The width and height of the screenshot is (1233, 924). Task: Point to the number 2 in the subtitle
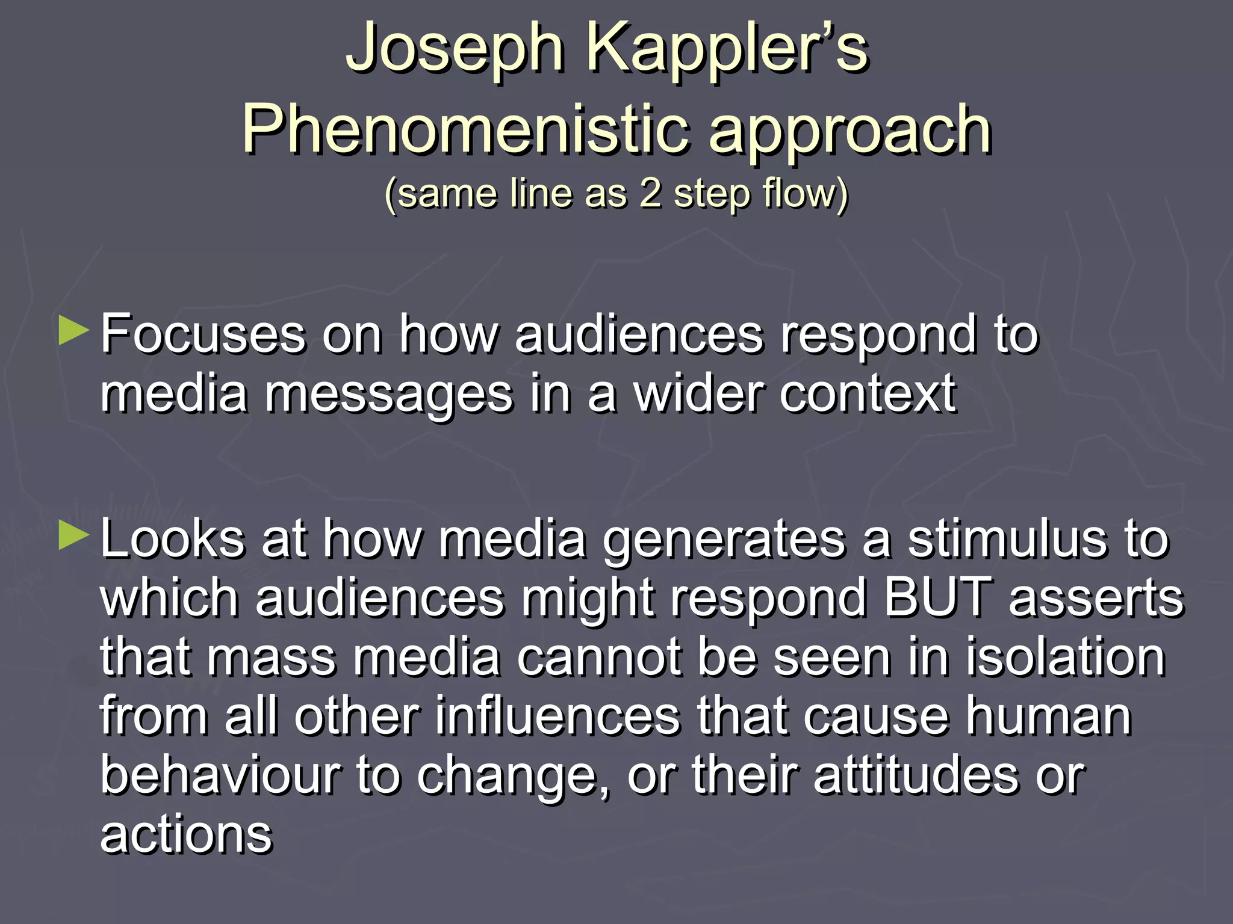(x=650, y=194)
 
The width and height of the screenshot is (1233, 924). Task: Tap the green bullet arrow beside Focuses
(x=74, y=332)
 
